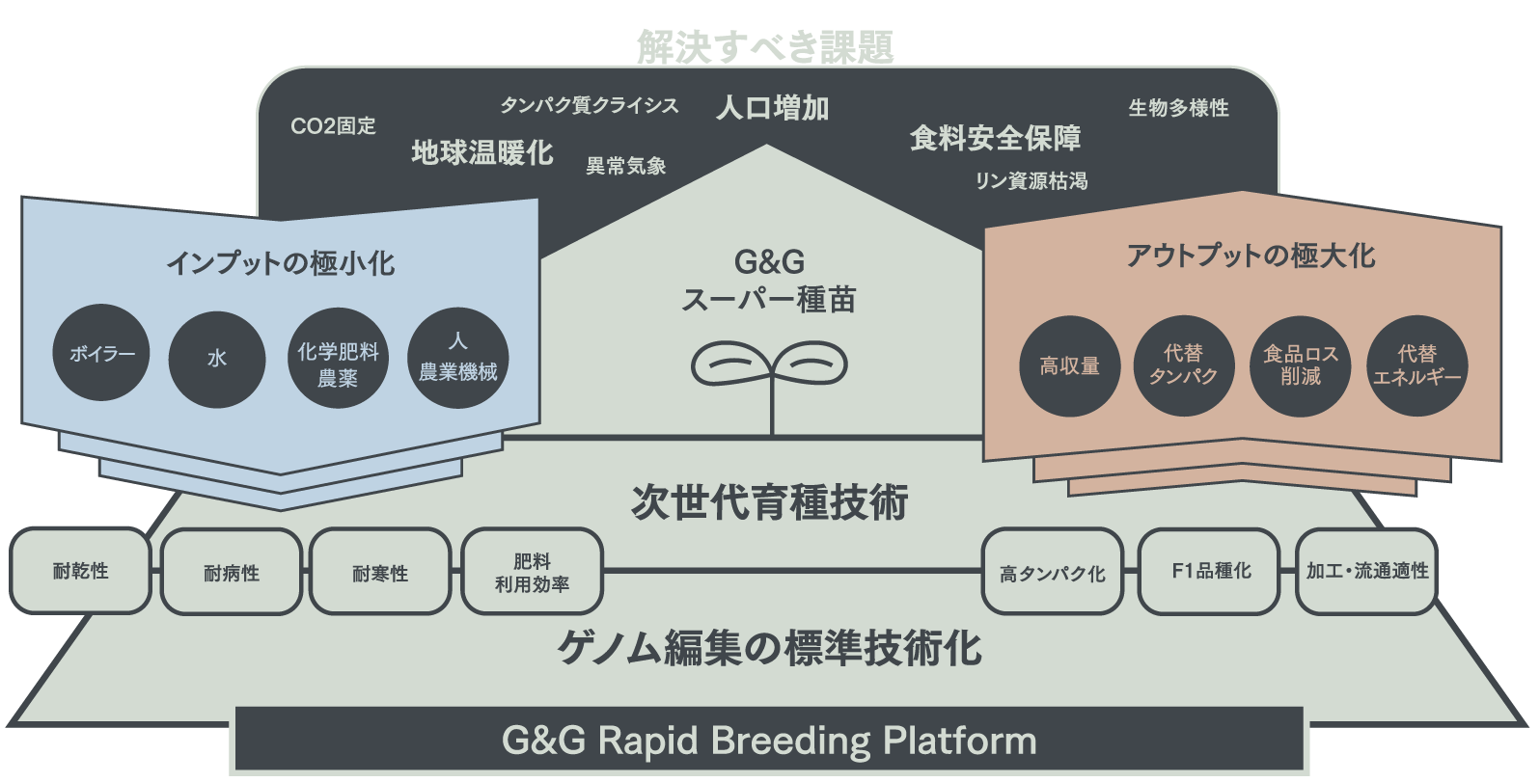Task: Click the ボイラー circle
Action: pos(101,354)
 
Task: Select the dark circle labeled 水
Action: pos(217,358)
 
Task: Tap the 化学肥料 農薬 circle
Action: pos(337,358)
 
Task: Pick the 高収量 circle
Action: pos(1069,366)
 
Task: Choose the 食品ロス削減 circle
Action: pos(1300,366)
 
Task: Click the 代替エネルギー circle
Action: pos(1416,366)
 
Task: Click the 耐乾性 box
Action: pos(81,571)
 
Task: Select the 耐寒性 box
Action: pos(380,572)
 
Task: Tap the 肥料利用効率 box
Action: pos(533,572)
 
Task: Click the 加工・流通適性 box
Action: pos(1366,572)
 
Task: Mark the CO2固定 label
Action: pos(333,126)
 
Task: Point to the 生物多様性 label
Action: pos(1178,108)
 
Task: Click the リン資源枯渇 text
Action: pos(1031,180)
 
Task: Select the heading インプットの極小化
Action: pos(281,262)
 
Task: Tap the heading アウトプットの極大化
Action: pos(1251,256)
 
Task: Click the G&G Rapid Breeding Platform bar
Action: pos(769,741)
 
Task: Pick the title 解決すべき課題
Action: pos(765,46)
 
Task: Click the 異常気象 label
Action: pos(625,166)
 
